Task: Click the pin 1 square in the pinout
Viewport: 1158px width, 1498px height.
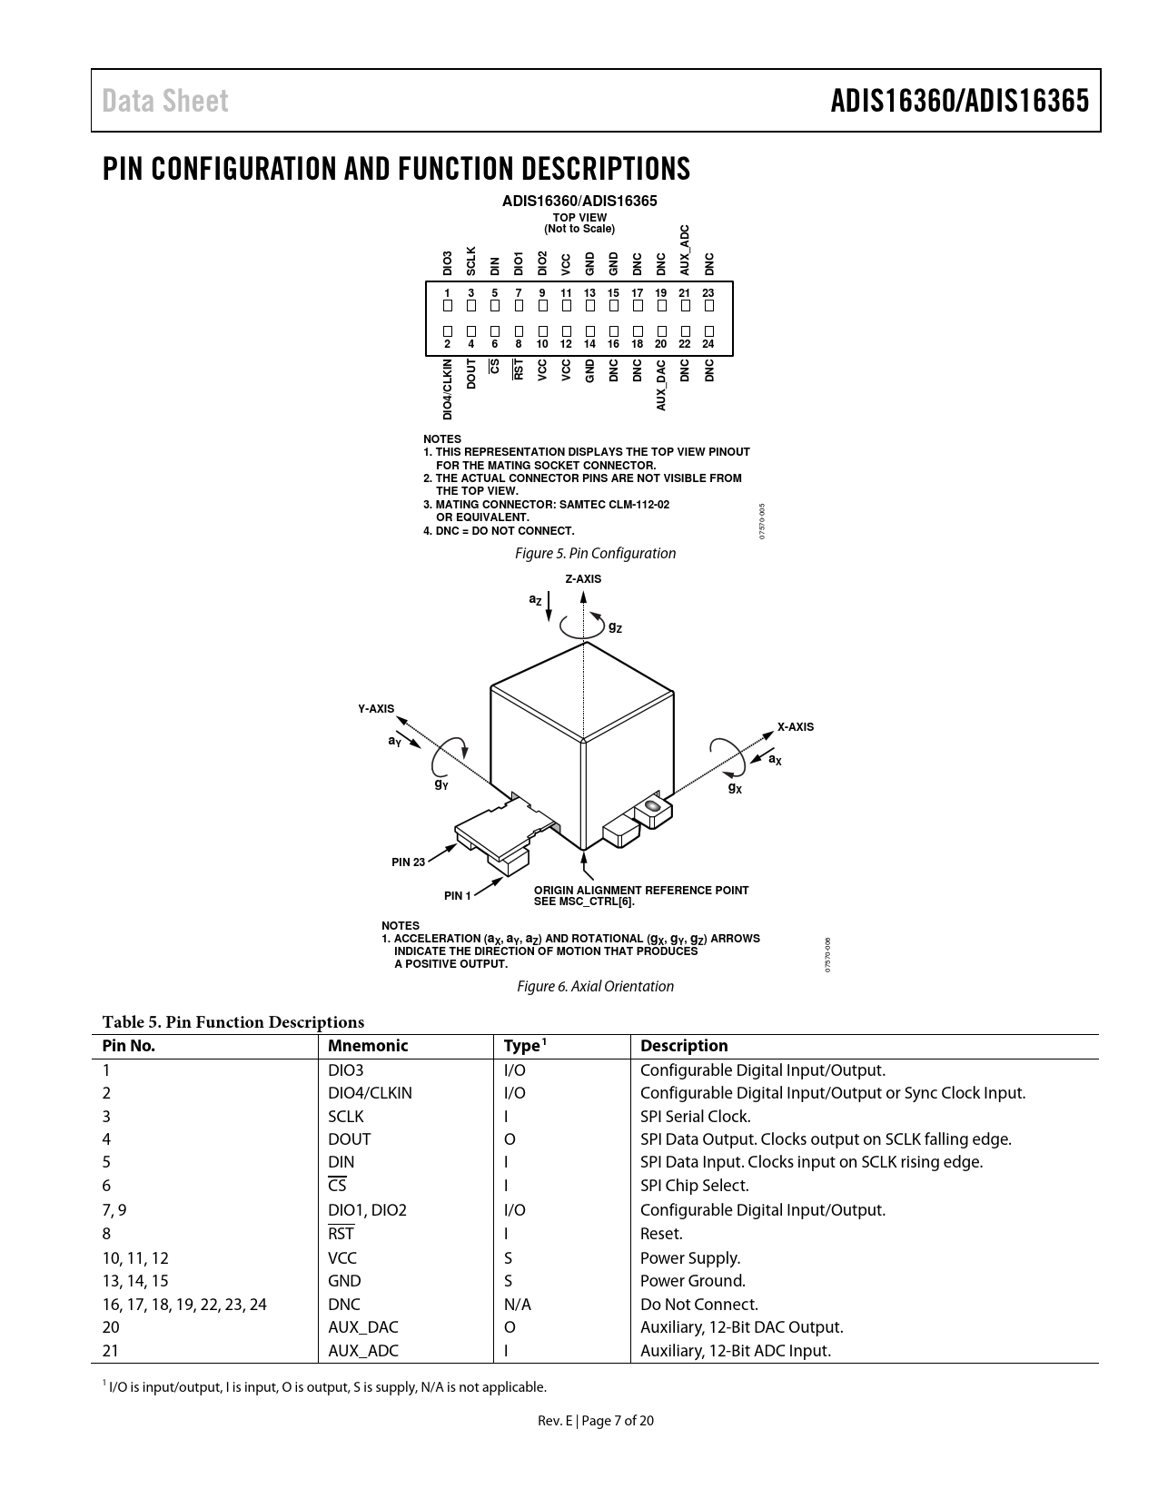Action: tap(448, 306)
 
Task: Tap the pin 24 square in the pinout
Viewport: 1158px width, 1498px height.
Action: tap(708, 331)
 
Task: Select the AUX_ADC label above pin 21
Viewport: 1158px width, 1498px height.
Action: tap(685, 250)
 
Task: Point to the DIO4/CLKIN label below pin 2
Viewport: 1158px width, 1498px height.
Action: tap(448, 389)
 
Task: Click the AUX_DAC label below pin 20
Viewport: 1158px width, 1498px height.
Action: tap(661, 385)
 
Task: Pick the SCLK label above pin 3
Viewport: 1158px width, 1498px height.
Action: tap(471, 261)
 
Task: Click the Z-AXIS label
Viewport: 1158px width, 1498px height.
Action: tap(583, 579)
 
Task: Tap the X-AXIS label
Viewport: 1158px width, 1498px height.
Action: tap(795, 727)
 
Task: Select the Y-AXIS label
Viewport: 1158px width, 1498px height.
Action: tap(376, 708)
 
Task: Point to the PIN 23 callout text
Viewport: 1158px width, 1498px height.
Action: tap(408, 862)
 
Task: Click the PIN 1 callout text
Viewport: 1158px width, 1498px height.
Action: tap(458, 896)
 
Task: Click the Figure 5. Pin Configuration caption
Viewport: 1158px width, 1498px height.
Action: tap(595, 553)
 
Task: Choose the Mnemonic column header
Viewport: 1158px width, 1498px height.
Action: tap(368, 1046)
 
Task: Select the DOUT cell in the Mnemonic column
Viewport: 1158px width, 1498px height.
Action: tap(349, 1139)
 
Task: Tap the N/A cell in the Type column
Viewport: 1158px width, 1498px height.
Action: tap(517, 1305)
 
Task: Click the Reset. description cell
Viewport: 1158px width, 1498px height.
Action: tap(661, 1234)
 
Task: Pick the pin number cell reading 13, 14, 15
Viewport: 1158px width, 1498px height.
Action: tap(135, 1281)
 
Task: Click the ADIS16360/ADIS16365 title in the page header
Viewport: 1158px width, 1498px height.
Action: tap(959, 101)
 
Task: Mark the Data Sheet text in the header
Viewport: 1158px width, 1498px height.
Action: tap(165, 101)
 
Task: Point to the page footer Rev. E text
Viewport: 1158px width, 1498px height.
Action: tap(555, 1421)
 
